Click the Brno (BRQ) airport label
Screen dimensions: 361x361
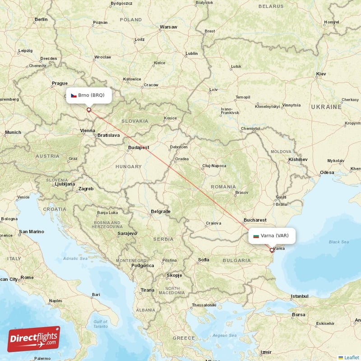pos(88,95)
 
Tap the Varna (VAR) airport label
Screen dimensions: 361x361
pos(272,236)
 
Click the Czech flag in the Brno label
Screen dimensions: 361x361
pos(74,95)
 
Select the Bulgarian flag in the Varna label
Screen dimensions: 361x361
pos(256,236)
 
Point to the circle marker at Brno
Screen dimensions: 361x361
pos(89,109)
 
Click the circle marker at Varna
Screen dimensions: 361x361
pos(272,250)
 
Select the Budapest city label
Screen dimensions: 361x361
pos(139,147)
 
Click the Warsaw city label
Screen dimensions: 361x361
pos(168,27)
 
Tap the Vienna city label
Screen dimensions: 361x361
pos(88,131)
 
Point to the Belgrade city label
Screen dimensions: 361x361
pos(161,211)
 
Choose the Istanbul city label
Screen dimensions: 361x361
pos(300,296)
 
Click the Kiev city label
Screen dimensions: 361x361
pos(321,74)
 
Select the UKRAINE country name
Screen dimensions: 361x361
pos(326,107)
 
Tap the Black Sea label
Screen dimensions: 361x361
pos(338,242)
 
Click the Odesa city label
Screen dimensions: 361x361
pos(327,172)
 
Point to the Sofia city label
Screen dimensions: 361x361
pos(204,259)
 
